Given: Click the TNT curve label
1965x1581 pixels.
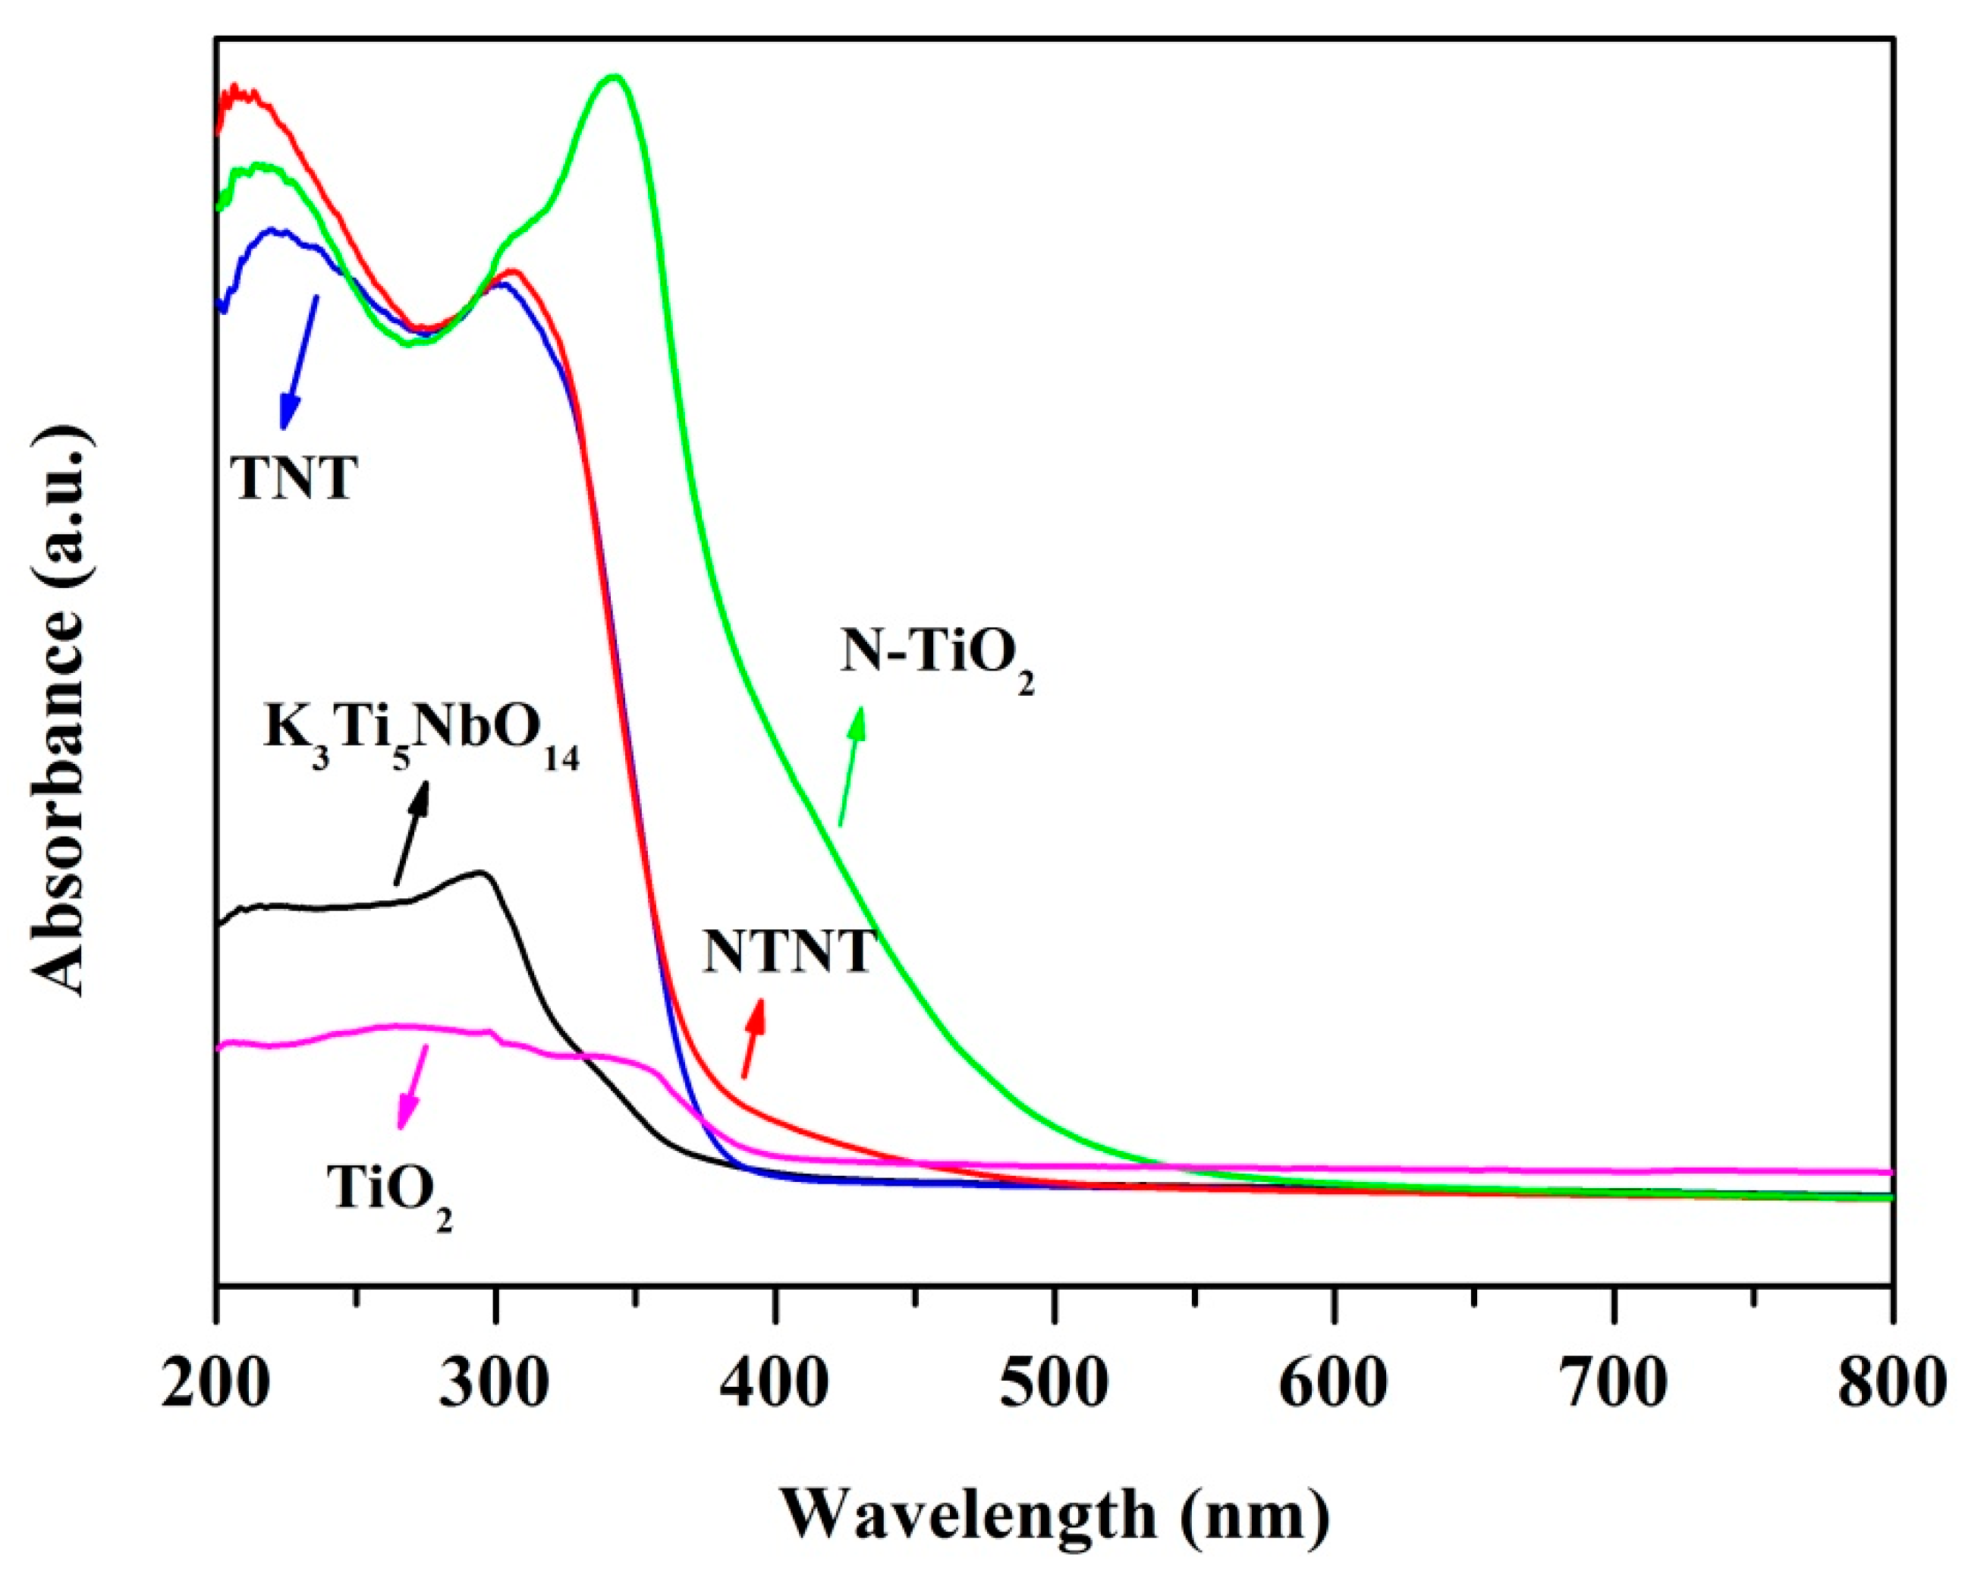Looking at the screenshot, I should click(x=293, y=479).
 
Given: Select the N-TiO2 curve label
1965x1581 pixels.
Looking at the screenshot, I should click(x=937, y=654).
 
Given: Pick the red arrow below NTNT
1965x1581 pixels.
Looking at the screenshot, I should click(x=753, y=1037).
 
